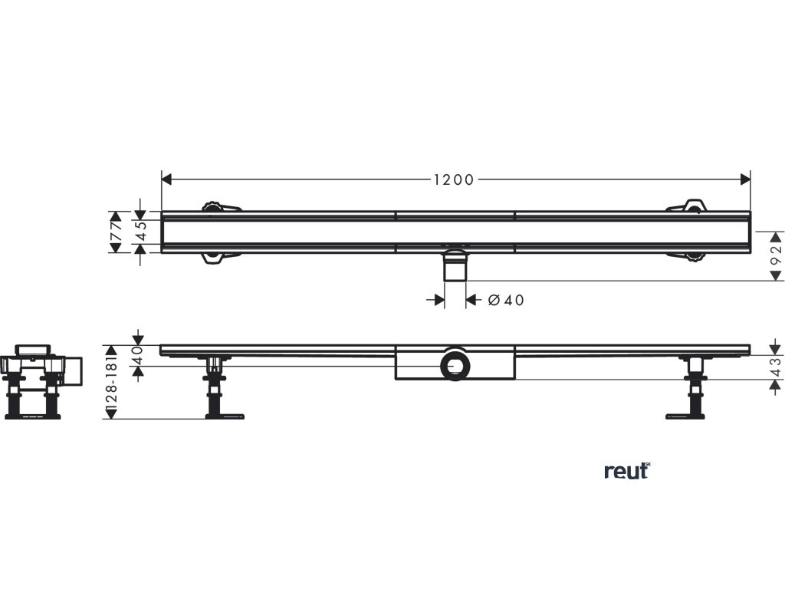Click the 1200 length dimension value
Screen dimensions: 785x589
(x=454, y=179)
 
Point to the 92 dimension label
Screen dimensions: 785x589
(x=775, y=255)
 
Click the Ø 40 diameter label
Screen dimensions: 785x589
(x=506, y=300)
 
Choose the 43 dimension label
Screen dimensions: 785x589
(x=775, y=368)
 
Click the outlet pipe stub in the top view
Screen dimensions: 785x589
(x=455, y=268)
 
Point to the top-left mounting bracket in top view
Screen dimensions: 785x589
(x=218, y=206)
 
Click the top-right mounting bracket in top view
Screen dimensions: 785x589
(x=689, y=206)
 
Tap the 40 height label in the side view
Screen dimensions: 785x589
(x=138, y=355)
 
